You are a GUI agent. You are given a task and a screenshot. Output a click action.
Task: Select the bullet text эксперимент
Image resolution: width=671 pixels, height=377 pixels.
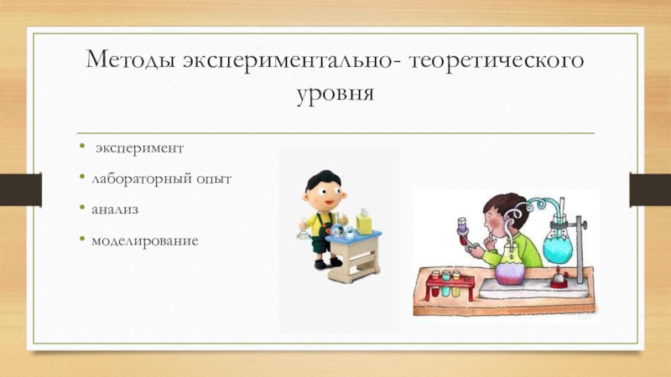[x=138, y=148]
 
